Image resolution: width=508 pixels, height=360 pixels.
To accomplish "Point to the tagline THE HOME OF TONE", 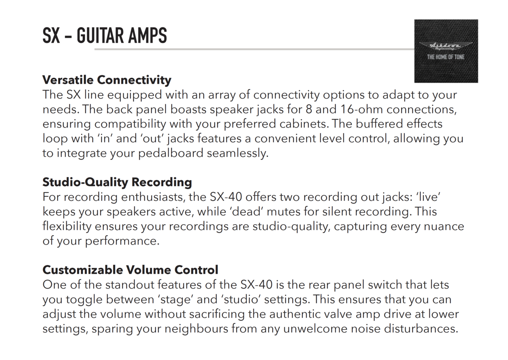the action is pos(446,57).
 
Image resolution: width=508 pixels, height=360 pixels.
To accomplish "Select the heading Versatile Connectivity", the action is pos(107,80).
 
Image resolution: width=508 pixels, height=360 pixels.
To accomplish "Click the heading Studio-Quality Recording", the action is pos(117,183).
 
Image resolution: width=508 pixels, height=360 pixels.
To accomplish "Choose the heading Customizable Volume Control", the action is pos(130,270).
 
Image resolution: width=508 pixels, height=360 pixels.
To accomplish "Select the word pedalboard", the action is pos(171,154).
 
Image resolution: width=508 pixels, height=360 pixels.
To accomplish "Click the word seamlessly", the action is pos(237,154).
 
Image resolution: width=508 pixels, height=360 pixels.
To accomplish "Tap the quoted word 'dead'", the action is pos(246,212).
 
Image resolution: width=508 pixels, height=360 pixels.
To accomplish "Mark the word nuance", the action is pos(444,227).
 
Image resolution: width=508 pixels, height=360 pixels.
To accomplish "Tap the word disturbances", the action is pos(421,329).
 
